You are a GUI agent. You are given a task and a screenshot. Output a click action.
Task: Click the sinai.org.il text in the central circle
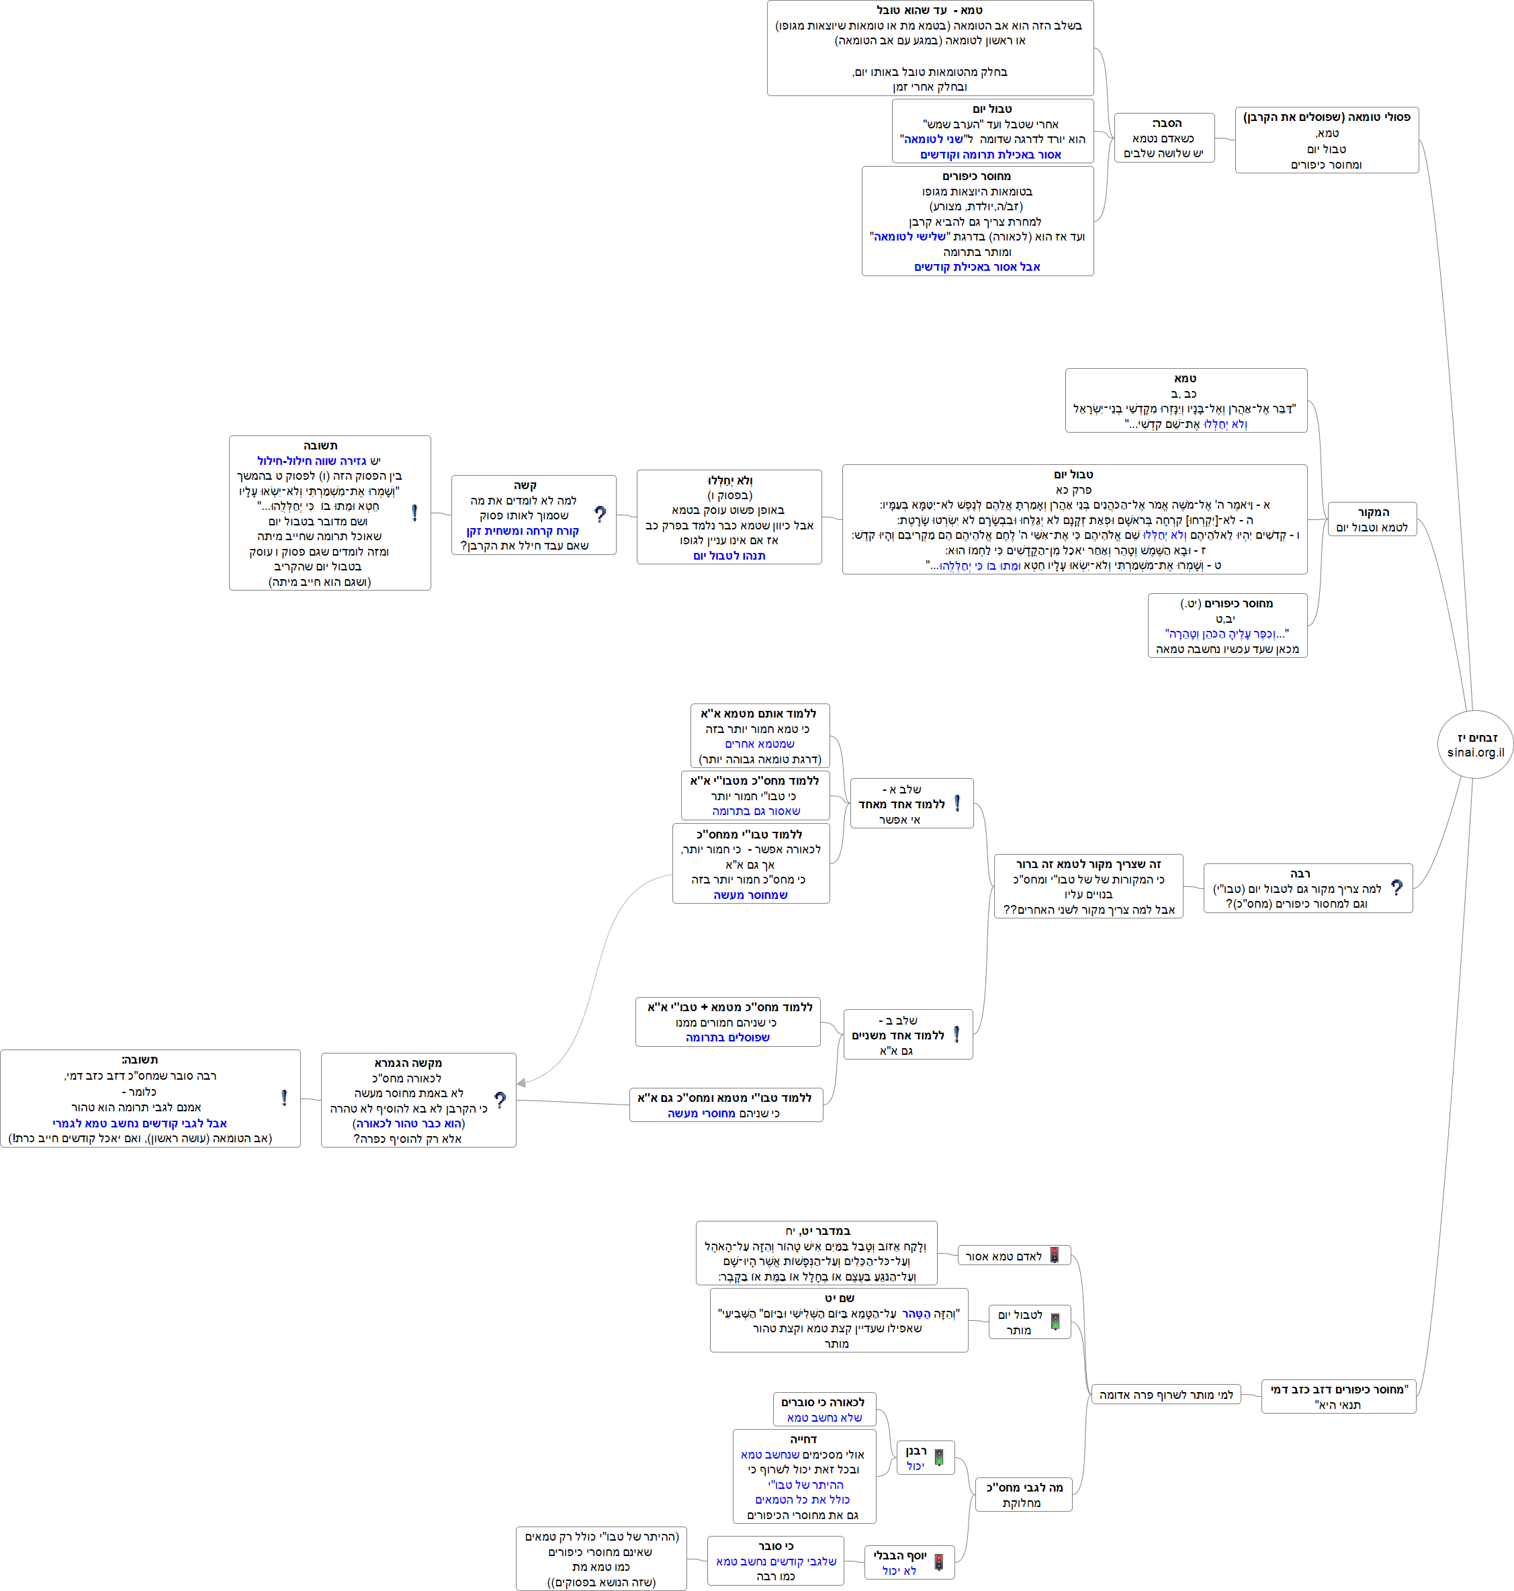click(x=1475, y=752)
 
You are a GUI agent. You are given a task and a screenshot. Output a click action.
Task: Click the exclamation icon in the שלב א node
click(x=957, y=803)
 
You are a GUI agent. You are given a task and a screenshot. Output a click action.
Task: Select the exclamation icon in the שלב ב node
click(x=956, y=1034)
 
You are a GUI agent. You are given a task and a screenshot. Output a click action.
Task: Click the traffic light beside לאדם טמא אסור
click(x=1054, y=1255)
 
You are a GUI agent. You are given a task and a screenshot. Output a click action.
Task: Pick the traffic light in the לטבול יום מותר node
click(x=1054, y=1322)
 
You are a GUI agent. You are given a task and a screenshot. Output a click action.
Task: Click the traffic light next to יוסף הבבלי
click(x=938, y=1562)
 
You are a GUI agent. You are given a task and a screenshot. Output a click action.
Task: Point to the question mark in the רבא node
click(x=1397, y=888)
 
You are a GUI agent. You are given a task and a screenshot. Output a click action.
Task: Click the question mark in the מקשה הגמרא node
click(x=500, y=1099)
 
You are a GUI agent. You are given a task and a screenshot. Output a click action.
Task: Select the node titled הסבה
click(x=1164, y=138)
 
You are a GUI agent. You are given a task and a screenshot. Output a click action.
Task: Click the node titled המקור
click(x=1372, y=519)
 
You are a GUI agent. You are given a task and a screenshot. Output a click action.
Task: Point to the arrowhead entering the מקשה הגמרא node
click(x=521, y=1082)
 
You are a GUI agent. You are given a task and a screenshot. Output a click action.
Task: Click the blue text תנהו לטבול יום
click(x=729, y=556)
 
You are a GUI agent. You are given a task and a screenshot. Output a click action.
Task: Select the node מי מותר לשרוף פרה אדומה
click(x=1166, y=1395)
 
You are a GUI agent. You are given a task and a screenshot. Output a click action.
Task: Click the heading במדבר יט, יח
click(x=817, y=1231)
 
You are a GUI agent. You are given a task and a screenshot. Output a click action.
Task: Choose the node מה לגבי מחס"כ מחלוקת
click(x=1023, y=1495)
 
